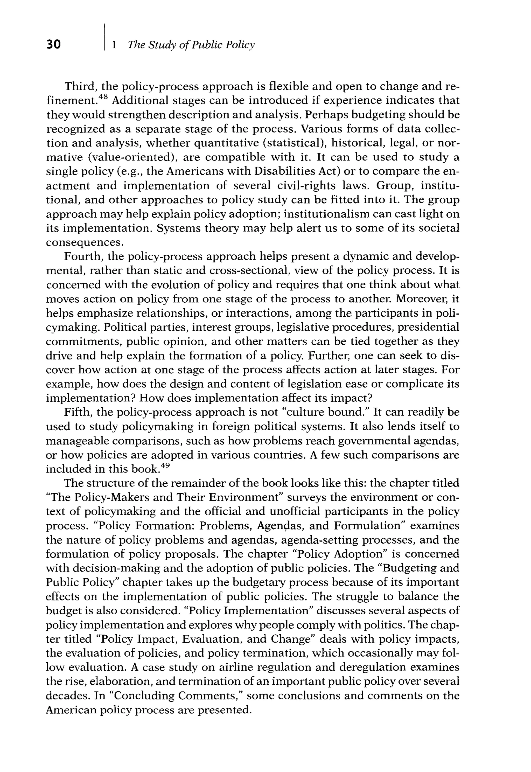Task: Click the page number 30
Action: pos(54,45)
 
